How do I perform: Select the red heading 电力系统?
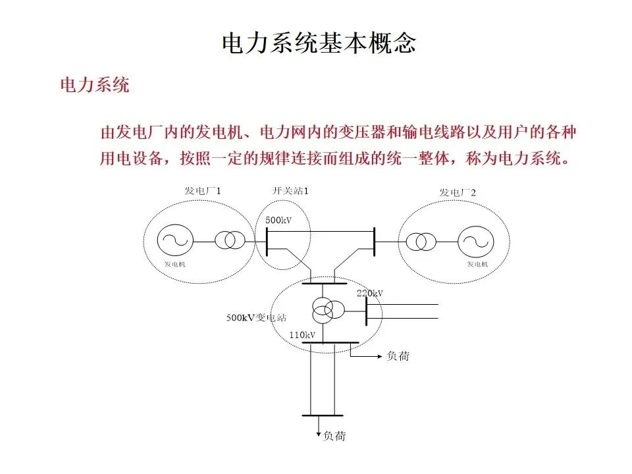pos(95,85)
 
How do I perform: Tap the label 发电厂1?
pos(202,191)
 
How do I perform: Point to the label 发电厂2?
pos(458,192)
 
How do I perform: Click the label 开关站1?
pos(290,191)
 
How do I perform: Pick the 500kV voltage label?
pos(278,220)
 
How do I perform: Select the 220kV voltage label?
pos(369,293)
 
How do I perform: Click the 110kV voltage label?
pos(302,335)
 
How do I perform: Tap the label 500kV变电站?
pos(257,317)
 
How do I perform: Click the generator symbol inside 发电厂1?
pos(176,240)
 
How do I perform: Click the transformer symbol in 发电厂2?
pos(419,242)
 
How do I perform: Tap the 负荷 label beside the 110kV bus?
pos(398,356)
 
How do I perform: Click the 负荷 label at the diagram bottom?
pos(334,436)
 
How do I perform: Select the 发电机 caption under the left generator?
pos(176,264)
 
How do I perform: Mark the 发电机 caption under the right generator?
pos(477,265)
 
